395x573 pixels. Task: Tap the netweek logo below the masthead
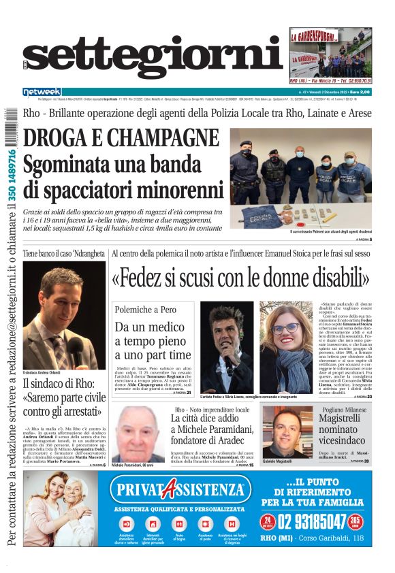[42, 91]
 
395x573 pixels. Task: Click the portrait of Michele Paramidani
[138, 433]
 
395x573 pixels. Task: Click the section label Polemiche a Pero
[146, 309]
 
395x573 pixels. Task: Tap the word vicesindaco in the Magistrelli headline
[345, 442]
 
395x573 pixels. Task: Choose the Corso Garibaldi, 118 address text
[331, 538]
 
